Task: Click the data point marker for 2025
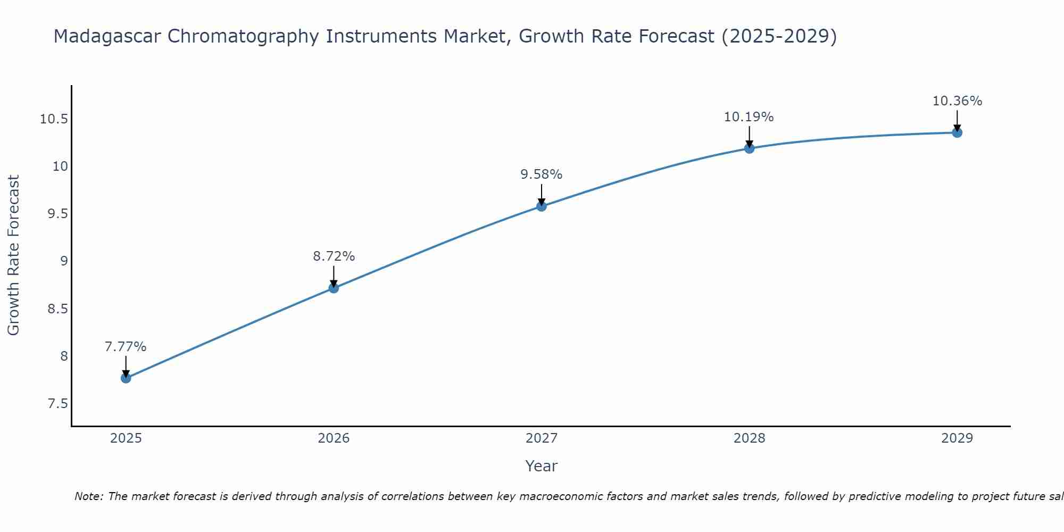pyautogui.click(x=126, y=378)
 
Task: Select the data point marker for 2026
pyautogui.click(x=334, y=288)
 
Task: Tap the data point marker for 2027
pyautogui.click(x=542, y=206)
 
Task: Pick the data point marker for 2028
pyautogui.click(x=749, y=148)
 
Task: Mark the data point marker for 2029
pyautogui.click(x=957, y=132)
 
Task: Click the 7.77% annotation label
pyautogui.click(x=126, y=347)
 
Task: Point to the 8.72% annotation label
pyautogui.click(x=334, y=256)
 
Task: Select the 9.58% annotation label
pyautogui.click(x=541, y=174)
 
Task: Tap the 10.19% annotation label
pyautogui.click(x=749, y=117)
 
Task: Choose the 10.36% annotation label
pyautogui.click(x=957, y=101)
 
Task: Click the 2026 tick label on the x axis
pyautogui.click(x=334, y=438)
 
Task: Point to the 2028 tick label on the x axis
pyautogui.click(x=749, y=438)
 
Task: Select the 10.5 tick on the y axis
pyautogui.click(x=54, y=119)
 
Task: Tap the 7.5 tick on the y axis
pyautogui.click(x=58, y=404)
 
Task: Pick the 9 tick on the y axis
pyautogui.click(x=64, y=261)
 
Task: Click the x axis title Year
pyautogui.click(x=541, y=466)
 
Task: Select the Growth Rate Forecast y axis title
pyautogui.click(x=13, y=255)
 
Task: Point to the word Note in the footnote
pyautogui.click(x=85, y=496)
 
